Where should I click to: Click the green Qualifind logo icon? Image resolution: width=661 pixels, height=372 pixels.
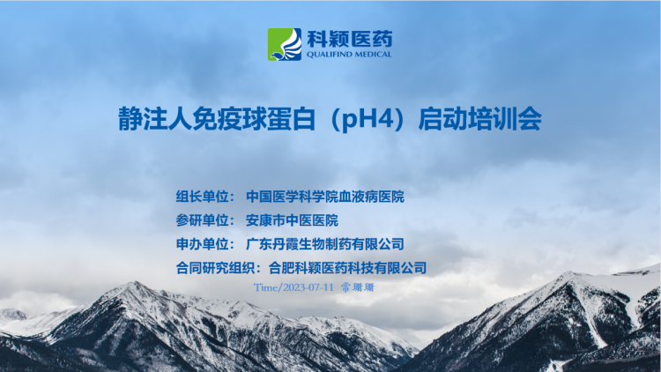click(x=285, y=44)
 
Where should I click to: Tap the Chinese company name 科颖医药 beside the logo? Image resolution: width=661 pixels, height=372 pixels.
click(x=350, y=39)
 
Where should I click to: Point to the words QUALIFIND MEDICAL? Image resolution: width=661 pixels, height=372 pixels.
click(x=349, y=55)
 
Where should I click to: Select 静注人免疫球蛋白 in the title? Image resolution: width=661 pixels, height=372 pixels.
click(x=217, y=119)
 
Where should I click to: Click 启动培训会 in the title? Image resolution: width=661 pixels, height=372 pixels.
click(x=480, y=119)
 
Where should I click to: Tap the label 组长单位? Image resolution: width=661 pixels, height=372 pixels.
click(x=202, y=197)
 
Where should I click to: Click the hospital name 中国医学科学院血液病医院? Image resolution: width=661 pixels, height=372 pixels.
click(x=325, y=197)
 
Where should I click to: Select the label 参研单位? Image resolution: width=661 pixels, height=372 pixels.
click(x=202, y=220)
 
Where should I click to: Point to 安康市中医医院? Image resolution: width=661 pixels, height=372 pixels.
click(x=292, y=220)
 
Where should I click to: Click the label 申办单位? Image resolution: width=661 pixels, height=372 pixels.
click(x=202, y=244)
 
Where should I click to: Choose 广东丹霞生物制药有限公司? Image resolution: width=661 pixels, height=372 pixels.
click(x=325, y=244)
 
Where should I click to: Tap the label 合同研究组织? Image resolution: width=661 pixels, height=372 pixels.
click(x=215, y=268)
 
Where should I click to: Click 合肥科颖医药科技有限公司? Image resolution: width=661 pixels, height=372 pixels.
click(x=347, y=268)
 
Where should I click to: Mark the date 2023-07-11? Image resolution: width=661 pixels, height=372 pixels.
click(x=308, y=287)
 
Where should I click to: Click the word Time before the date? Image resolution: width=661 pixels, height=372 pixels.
click(x=265, y=287)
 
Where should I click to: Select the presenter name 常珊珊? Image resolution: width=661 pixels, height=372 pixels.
click(x=358, y=287)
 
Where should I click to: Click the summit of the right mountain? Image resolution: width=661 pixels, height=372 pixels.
click(x=569, y=273)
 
